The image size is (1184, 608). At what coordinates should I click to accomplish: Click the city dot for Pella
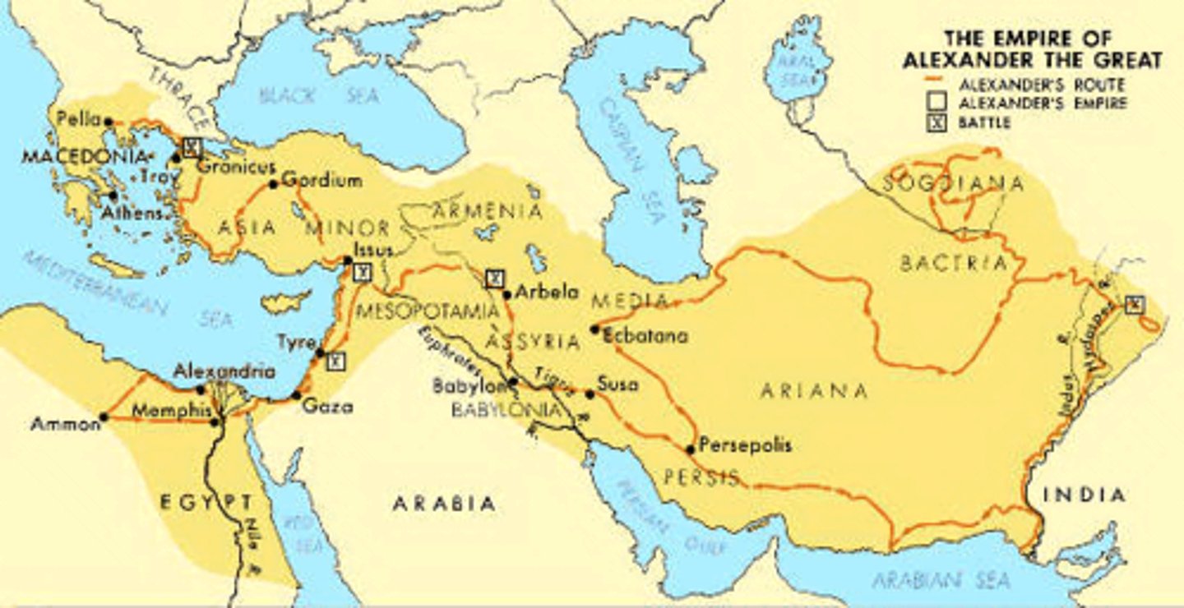click(x=109, y=122)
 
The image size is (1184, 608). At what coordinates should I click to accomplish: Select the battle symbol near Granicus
click(x=192, y=147)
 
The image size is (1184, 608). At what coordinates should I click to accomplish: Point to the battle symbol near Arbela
click(x=493, y=279)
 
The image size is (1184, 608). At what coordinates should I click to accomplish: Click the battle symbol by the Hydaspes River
click(x=1135, y=305)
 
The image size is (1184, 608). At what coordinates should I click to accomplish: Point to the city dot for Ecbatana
click(x=594, y=329)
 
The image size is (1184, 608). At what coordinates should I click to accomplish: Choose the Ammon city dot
click(x=104, y=417)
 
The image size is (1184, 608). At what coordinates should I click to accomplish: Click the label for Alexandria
click(x=224, y=371)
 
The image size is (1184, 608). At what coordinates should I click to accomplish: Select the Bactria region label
click(x=954, y=263)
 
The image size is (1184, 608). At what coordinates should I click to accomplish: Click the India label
click(x=1083, y=495)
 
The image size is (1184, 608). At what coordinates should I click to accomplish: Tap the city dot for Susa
click(x=590, y=394)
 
